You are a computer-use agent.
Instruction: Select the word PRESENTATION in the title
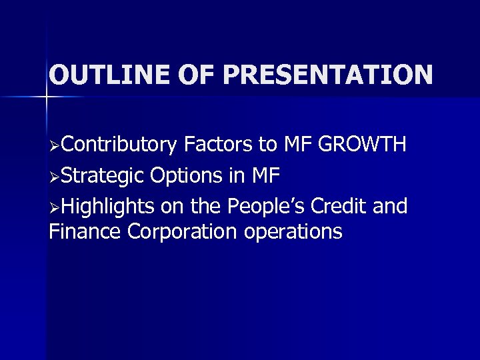328,75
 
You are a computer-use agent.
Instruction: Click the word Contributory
121,145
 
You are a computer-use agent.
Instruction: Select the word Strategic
105,176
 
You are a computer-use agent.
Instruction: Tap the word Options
188,176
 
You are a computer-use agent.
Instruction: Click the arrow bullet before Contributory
55,145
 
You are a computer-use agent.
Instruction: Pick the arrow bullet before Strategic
55,177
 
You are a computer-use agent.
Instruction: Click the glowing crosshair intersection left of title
46,97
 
